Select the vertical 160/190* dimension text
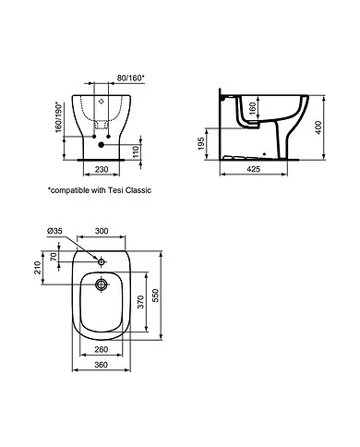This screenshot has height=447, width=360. pos(59,119)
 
